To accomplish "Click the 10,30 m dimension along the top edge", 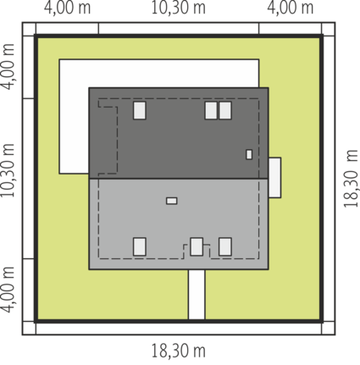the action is click(x=179, y=8).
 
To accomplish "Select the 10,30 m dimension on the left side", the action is click(x=8, y=170).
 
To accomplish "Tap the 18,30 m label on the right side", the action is click(x=351, y=179).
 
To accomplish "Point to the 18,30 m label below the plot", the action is click(x=179, y=351).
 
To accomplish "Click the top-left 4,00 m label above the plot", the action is click(x=68, y=8).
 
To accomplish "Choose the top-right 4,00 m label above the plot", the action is click(x=291, y=8).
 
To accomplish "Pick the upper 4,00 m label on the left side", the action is click(x=8, y=67).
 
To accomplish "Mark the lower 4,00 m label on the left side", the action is click(x=8, y=290).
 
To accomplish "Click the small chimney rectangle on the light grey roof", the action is click(x=172, y=201).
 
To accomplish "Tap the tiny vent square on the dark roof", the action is click(x=249, y=154).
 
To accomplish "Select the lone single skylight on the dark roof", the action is click(x=140, y=110).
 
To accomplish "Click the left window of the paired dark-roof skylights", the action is click(x=211, y=110).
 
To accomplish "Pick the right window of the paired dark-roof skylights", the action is click(x=225, y=110).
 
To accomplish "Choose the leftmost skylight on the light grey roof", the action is click(x=140, y=246).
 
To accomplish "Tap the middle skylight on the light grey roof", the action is click(x=197, y=246).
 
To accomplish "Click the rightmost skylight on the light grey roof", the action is click(x=225, y=246).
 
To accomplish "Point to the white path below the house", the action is click(x=197, y=295).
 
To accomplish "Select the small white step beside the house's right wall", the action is click(x=274, y=178).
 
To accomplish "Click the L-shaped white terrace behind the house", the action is click(x=74, y=116).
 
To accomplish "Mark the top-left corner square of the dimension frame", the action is click(x=29, y=29).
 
